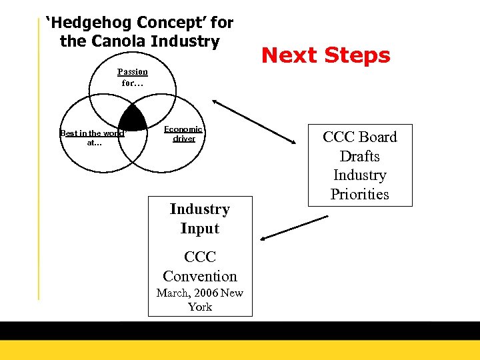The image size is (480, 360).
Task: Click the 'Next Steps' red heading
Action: tap(325, 55)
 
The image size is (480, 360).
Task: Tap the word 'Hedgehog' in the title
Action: tap(88, 23)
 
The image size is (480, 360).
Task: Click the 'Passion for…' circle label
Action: tap(133, 77)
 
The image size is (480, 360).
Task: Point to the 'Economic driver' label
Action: tap(184, 133)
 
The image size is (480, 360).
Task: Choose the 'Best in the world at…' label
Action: tap(93, 137)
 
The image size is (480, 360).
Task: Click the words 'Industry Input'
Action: tap(200, 219)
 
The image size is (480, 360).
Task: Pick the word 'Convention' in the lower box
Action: tap(200, 276)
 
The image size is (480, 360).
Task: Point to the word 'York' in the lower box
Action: tap(200, 307)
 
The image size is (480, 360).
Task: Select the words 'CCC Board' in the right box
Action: tap(359, 137)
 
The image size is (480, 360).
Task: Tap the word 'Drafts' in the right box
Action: tap(359, 156)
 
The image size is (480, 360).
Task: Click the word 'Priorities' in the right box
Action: tap(359, 195)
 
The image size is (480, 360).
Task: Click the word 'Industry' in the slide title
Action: tap(185, 41)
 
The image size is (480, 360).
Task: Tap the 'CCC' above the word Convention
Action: tap(200, 257)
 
